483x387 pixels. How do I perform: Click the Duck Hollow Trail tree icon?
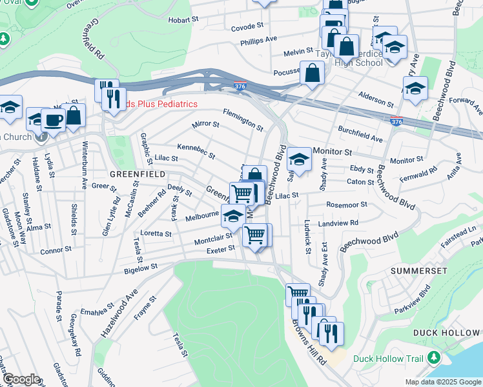click(x=435, y=358)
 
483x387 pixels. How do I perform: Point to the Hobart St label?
click(x=183, y=20)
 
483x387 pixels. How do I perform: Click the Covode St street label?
click(x=249, y=26)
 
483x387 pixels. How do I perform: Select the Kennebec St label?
click(x=196, y=152)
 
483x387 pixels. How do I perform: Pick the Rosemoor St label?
click(x=347, y=204)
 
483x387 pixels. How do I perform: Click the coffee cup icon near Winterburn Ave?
click(x=54, y=119)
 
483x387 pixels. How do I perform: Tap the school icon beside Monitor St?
click(x=299, y=159)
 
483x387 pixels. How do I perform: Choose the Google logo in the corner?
click(x=21, y=380)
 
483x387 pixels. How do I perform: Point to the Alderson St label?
click(x=376, y=99)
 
